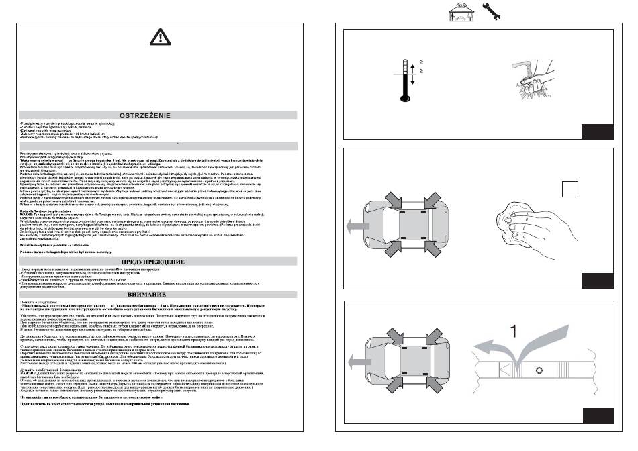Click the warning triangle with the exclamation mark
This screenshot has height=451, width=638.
161,36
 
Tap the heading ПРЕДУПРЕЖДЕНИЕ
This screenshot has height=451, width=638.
162,261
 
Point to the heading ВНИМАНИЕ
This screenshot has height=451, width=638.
162,294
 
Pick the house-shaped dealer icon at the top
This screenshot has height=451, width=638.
459,11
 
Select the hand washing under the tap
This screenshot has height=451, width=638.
526,81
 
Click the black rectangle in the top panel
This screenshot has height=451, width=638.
598,131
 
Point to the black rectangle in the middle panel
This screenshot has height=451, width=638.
598,280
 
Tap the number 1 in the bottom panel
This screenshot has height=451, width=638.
513,331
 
